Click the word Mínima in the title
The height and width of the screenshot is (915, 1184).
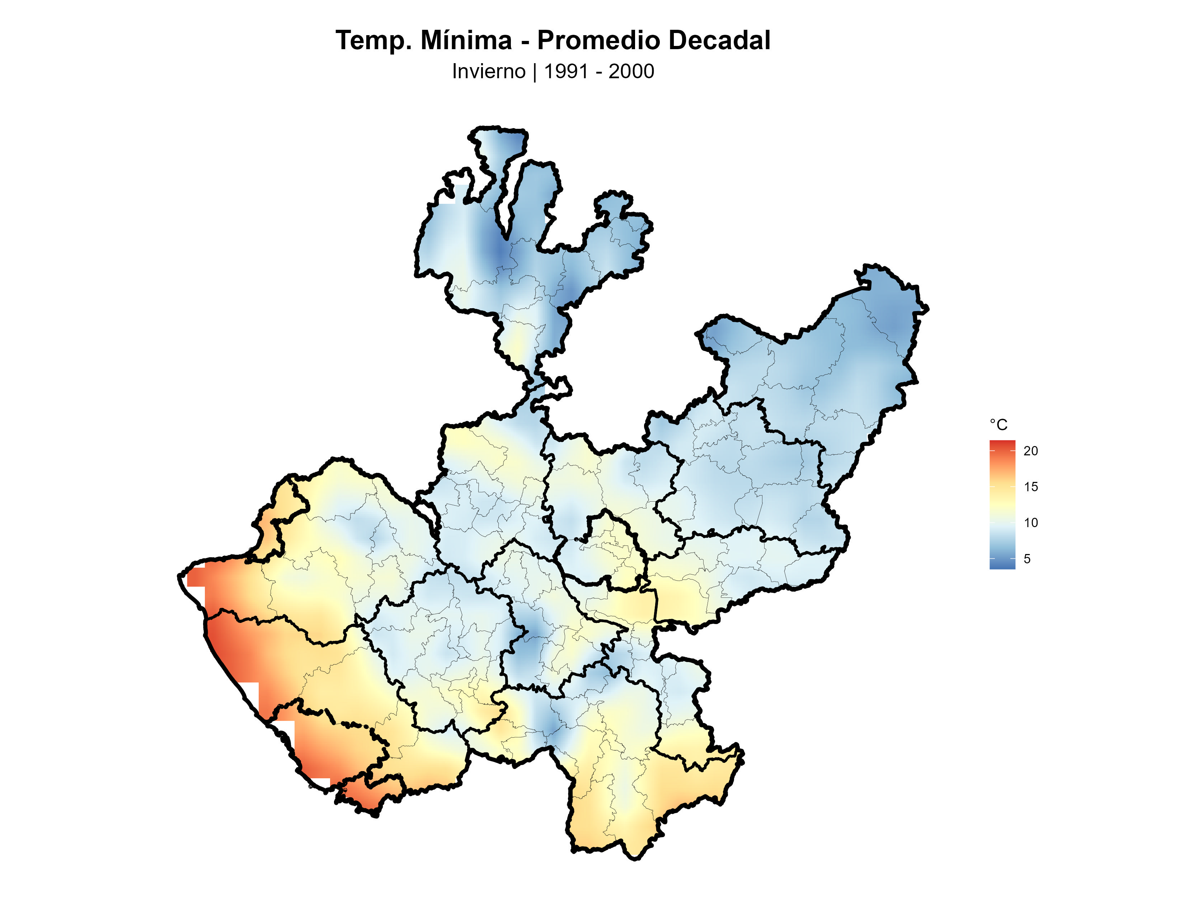[466, 41]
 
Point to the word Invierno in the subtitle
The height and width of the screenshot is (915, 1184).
[488, 71]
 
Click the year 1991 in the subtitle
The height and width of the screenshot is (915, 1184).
[565, 71]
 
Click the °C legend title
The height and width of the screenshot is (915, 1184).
[998, 425]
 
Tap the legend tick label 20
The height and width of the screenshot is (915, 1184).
[1030, 450]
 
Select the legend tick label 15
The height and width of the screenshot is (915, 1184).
[1030, 487]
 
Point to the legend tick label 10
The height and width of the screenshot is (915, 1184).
[1030, 522]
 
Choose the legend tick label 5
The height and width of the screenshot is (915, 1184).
[1027, 559]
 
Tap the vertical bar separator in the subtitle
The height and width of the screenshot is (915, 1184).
[535, 71]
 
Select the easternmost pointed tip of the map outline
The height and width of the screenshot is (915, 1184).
[927, 309]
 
